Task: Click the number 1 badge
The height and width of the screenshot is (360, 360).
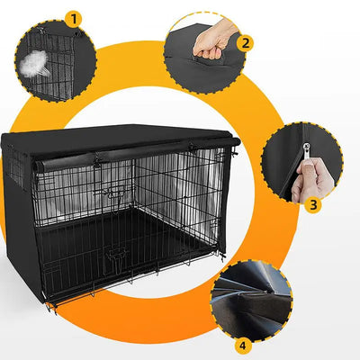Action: tap(74, 17)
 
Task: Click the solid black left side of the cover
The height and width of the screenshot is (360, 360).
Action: tap(16, 216)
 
